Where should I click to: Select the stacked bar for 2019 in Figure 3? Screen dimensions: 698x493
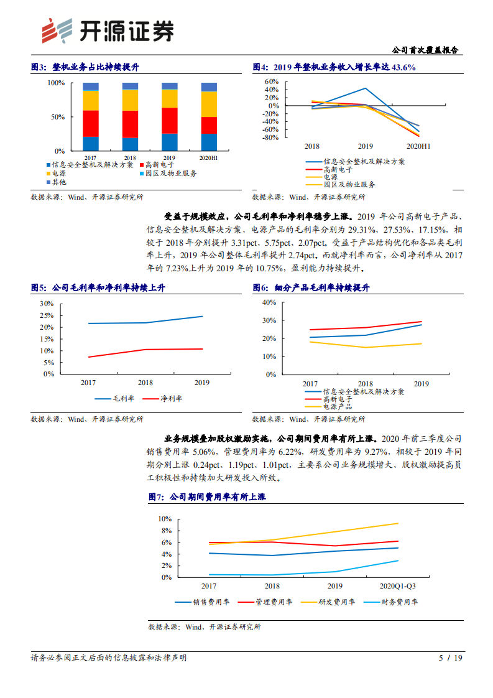click(x=169, y=117)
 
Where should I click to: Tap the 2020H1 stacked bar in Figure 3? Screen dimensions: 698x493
click(x=209, y=117)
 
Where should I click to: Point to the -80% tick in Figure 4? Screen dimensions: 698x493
click(x=270, y=137)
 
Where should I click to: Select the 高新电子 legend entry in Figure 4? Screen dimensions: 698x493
click(x=338, y=169)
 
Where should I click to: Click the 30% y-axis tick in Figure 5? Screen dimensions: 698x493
click(x=47, y=304)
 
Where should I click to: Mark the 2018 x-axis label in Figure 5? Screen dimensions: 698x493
click(x=145, y=383)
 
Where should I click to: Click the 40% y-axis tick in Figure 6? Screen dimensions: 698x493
click(x=269, y=302)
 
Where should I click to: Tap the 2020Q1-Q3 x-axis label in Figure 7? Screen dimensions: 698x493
click(x=398, y=586)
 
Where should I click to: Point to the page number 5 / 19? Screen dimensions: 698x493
click(x=451, y=658)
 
